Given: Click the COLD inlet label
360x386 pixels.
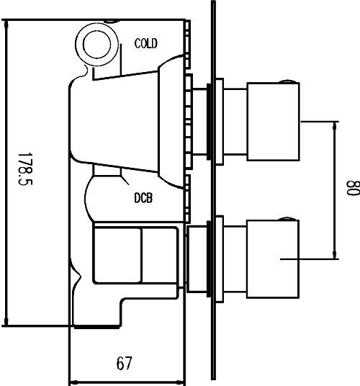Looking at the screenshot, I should [x=146, y=44].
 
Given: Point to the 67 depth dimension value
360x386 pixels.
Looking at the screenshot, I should [x=124, y=364].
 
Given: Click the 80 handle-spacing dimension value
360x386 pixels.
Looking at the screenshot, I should [x=351, y=189].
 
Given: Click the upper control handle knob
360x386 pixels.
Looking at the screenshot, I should [x=273, y=123].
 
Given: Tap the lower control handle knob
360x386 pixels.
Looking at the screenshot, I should [x=273, y=259].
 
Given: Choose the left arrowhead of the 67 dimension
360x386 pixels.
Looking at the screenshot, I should [x=71, y=380].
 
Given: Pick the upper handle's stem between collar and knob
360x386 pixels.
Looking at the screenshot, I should [x=233, y=122].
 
